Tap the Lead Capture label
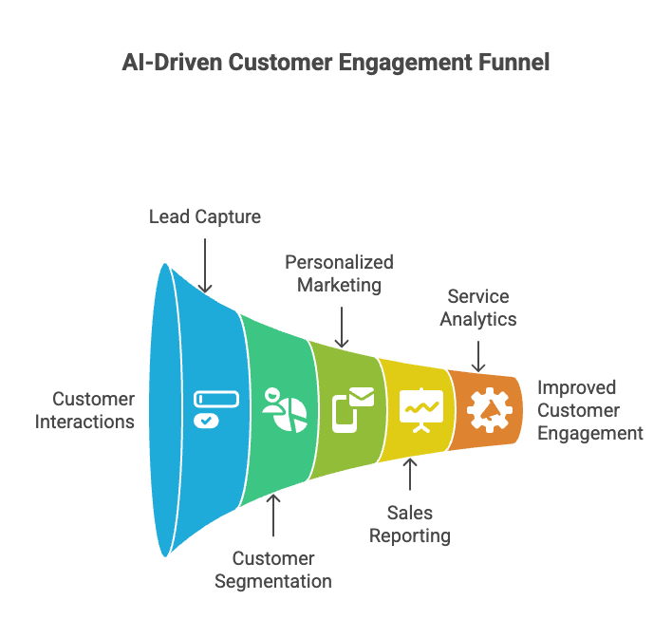tap(205, 216)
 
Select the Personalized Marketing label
tap(339, 273)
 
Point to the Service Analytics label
tap(478, 308)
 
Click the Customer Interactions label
tap(86, 410)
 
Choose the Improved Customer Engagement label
tap(589, 410)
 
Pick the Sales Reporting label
tap(410, 524)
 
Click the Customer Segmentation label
tap(273, 570)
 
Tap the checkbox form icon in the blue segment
tap(207, 409)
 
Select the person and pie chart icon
tap(282, 409)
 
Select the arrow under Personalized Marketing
tap(343, 324)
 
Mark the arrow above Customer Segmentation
tap(274, 517)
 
